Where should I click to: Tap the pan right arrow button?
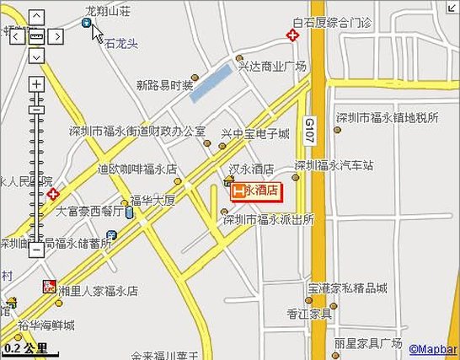56,36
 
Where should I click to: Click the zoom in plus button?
36,84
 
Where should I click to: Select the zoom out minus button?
36,250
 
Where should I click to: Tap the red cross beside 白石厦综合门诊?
292,35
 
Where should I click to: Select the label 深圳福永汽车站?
334,165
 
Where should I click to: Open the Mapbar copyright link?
433,348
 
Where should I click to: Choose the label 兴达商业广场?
272,66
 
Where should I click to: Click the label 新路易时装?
165,84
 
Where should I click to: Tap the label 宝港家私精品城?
348,287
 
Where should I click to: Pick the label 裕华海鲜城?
46,325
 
